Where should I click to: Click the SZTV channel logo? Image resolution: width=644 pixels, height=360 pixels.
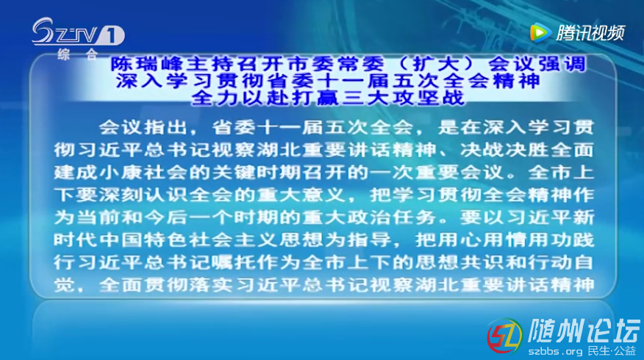click(78, 32)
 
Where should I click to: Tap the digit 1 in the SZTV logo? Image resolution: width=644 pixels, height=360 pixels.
click(112, 35)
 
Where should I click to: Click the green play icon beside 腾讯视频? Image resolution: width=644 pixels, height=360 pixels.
click(540, 33)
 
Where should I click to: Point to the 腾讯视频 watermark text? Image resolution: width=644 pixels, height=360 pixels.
click(590, 33)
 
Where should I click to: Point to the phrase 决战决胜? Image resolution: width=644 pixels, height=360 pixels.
click(504, 150)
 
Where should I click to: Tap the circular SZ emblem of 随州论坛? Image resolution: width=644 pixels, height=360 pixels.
click(505, 336)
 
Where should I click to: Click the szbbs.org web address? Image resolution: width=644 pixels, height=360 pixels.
click(555, 352)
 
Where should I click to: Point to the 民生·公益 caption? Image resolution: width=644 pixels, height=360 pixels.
click(612, 351)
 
